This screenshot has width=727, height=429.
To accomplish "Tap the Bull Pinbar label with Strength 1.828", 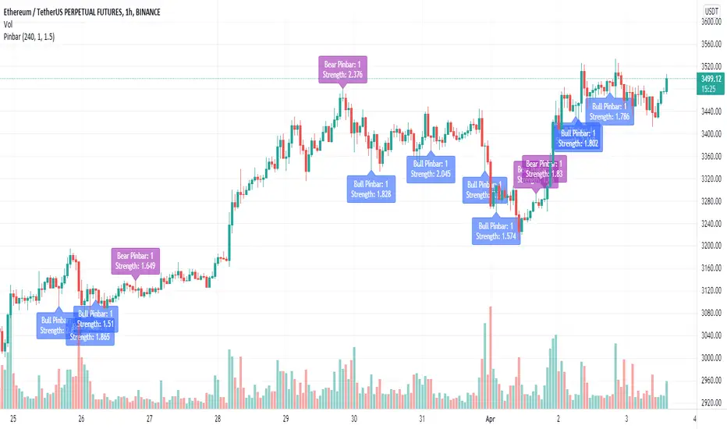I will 372,188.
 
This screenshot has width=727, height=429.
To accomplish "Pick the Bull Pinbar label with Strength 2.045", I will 430,168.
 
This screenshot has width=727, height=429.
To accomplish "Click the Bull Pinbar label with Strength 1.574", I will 497,231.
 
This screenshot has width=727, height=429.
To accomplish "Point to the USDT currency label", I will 711,11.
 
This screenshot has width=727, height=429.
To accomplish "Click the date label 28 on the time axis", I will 218,419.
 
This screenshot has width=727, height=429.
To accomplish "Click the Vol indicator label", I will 11,23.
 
